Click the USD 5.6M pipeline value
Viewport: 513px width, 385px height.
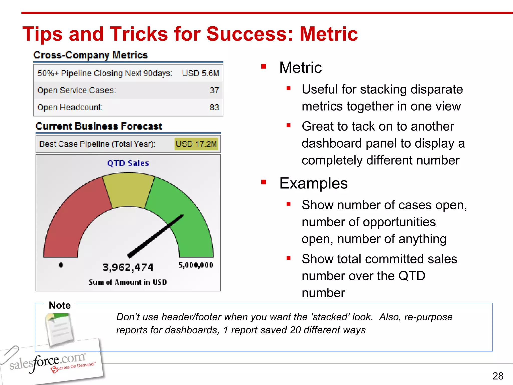click(x=200, y=73)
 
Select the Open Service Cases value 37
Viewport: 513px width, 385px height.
click(x=214, y=90)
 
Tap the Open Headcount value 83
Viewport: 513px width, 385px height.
click(x=214, y=107)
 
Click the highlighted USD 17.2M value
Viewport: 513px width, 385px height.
click(x=196, y=144)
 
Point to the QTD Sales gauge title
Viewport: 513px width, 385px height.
click(x=128, y=163)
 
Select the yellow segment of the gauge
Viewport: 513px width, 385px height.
click(x=128, y=190)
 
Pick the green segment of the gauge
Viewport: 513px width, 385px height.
click(x=190, y=226)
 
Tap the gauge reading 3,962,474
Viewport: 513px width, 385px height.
click(x=128, y=267)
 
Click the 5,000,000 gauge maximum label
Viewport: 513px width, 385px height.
click(x=196, y=265)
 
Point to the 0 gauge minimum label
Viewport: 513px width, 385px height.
click(x=61, y=265)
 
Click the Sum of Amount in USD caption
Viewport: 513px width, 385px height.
click(x=128, y=282)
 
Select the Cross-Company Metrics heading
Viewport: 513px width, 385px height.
click(x=91, y=55)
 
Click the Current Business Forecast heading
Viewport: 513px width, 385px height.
click(x=99, y=126)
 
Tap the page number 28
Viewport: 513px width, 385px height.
click(x=498, y=376)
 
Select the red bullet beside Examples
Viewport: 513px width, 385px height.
click(x=264, y=182)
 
